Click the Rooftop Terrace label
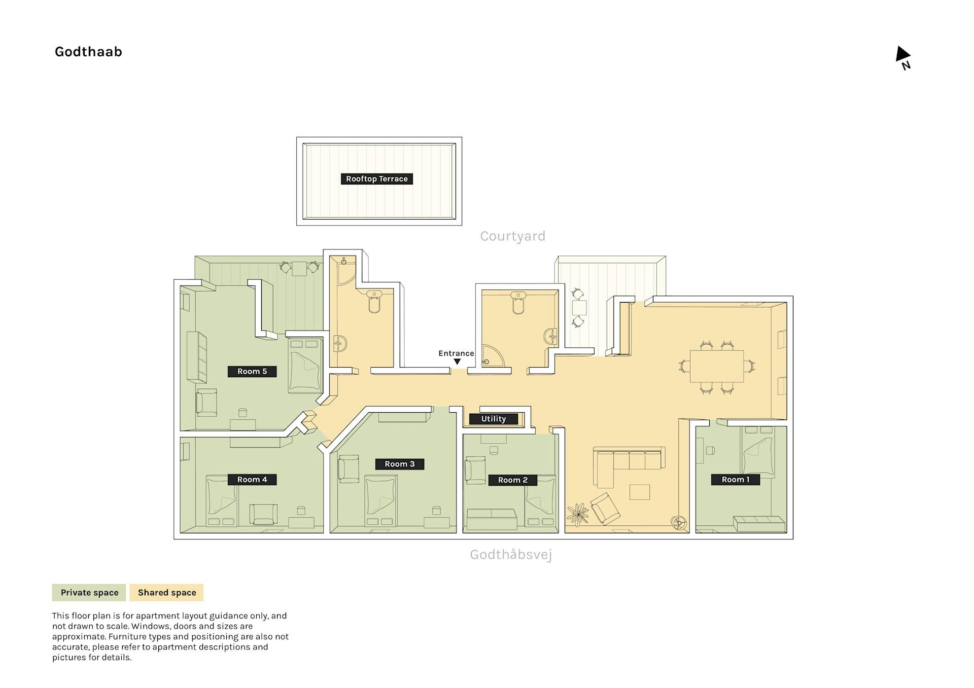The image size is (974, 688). [x=376, y=178]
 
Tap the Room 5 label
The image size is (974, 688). [x=252, y=371]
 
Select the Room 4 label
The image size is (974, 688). [x=252, y=479]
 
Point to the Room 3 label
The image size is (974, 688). [x=400, y=464]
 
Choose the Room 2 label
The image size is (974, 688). [x=513, y=480]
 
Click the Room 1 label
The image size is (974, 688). [x=736, y=479]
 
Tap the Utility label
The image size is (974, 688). [x=494, y=419]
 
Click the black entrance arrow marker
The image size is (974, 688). [x=457, y=362]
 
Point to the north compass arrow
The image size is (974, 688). [x=902, y=54]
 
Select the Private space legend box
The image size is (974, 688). [x=90, y=592]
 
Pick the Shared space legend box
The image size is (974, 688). [x=167, y=592]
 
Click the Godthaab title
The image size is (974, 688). [x=88, y=52]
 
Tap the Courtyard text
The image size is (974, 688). [x=512, y=236]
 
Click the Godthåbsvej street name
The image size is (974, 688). [x=511, y=554]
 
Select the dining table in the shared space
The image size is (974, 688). [x=717, y=366]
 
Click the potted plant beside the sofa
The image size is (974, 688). [x=578, y=514]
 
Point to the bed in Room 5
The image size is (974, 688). [x=305, y=366]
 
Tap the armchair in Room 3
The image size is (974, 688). [x=349, y=469]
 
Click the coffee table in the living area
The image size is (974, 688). [x=640, y=492]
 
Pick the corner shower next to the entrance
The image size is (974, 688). [x=493, y=355]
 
